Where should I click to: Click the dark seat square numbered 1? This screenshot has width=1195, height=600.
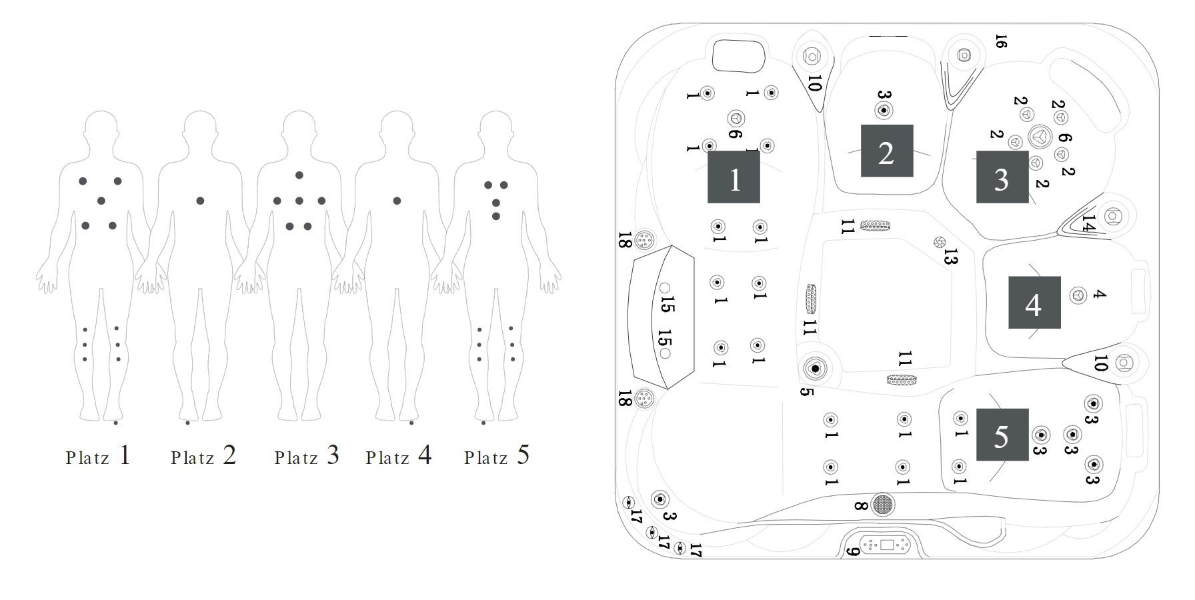pyautogui.click(x=734, y=177)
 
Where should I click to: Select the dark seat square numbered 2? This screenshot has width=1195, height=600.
pyautogui.click(x=886, y=151)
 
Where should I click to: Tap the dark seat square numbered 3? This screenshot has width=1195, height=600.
pyautogui.click(x=1002, y=177)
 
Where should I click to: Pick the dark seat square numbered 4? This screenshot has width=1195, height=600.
pyautogui.click(x=1034, y=303)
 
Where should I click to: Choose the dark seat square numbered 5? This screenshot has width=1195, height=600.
pyautogui.click(x=1002, y=435)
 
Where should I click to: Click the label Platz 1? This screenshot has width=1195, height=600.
pyautogui.click(x=98, y=456)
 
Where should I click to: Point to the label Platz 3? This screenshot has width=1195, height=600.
pyautogui.click(x=307, y=456)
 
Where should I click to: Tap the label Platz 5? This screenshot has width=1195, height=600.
pyautogui.click(x=497, y=456)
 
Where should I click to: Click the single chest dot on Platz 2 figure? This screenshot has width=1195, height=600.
pyautogui.click(x=200, y=201)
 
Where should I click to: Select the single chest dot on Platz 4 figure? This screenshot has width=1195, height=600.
pyautogui.click(x=397, y=201)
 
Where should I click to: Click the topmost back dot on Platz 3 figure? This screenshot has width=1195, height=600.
pyautogui.click(x=299, y=175)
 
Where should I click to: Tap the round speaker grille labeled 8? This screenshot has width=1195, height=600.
pyautogui.click(x=883, y=505)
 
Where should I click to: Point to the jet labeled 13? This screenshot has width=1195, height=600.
pyautogui.click(x=939, y=241)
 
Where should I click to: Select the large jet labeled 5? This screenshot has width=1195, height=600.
pyautogui.click(x=815, y=367)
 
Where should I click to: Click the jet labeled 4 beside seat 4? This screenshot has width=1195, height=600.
pyautogui.click(x=1078, y=295)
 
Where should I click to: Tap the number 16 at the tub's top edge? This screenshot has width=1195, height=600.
pyautogui.click(x=1000, y=41)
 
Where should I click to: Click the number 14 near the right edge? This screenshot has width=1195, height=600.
pyautogui.click(x=1088, y=222)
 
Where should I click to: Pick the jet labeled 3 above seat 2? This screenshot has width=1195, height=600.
pyautogui.click(x=884, y=111)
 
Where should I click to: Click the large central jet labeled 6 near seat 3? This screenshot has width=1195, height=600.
pyautogui.click(x=1040, y=137)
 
